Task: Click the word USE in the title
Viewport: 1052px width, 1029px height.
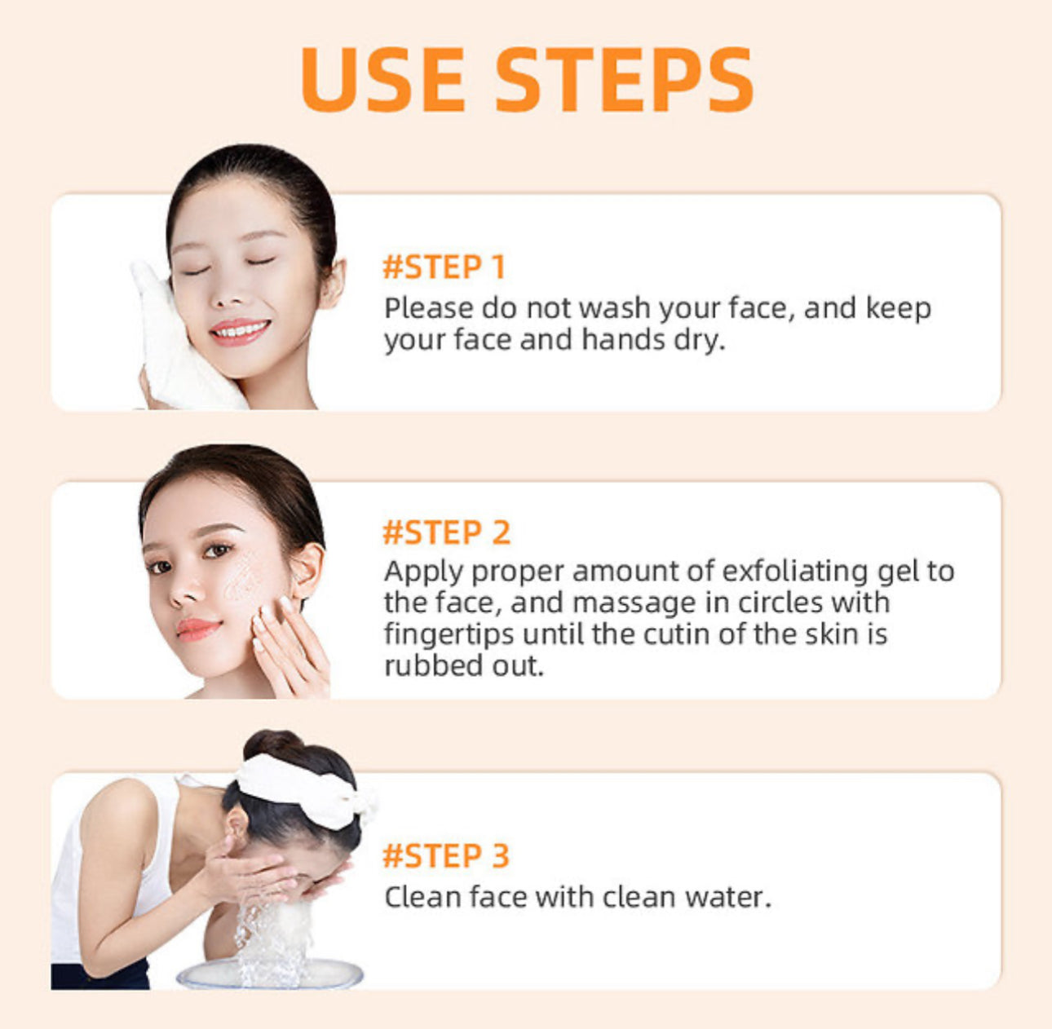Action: (x=382, y=79)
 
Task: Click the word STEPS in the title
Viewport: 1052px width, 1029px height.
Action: (x=624, y=79)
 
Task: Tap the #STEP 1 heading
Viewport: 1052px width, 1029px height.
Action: (x=444, y=267)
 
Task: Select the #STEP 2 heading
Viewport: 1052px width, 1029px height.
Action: (x=446, y=532)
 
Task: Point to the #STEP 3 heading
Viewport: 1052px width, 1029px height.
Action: (x=446, y=856)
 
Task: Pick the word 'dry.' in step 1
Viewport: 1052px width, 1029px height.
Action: (x=699, y=340)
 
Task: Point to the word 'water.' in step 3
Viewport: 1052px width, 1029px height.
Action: (x=727, y=897)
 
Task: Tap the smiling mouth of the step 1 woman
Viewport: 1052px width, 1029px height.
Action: (x=240, y=330)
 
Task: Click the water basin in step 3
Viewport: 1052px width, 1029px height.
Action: (x=269, y=975)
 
